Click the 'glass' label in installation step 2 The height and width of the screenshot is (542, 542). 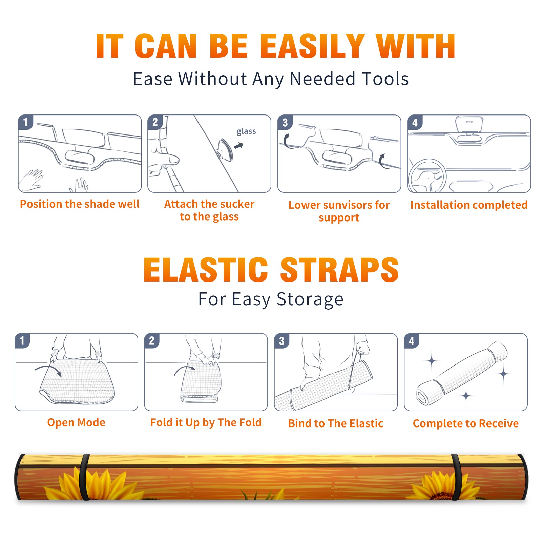246,131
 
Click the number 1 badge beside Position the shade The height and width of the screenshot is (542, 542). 25,122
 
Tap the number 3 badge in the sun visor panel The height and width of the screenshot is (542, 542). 285,122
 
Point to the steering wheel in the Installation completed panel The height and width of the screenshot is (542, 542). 427,175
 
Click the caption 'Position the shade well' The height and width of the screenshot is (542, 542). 80,204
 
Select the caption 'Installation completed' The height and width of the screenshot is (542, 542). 469,205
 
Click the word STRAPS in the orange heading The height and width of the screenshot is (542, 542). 339,270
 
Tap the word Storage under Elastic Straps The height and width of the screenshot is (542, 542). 310,299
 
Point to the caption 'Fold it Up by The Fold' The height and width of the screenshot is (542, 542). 206,422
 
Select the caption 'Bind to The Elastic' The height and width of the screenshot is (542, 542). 336,423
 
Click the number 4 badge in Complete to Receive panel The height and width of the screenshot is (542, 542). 412,341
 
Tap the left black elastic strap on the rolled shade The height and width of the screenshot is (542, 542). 84,477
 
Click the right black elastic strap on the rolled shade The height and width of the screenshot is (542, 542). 456,477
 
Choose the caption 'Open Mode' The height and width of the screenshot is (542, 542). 76,422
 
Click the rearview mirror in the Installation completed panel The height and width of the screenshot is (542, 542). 469,125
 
